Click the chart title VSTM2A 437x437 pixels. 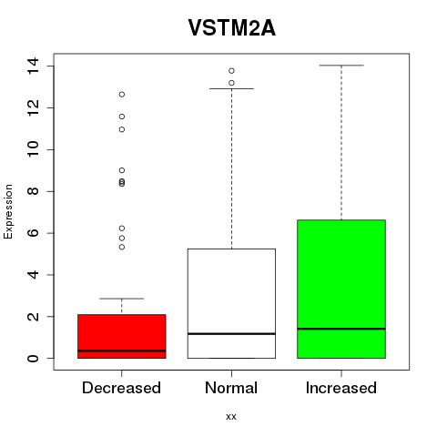pyautogui.click(x=232, y=28)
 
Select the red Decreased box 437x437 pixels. pyautogui.click(x=122, y=336)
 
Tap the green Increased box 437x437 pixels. pyautogui.click(x=341, y=289)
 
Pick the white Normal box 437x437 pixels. pyautogui.click(x=231, y=303)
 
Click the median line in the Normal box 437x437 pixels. pyautogui.click(x=231, y=334)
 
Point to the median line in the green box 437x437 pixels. pyautogui.click(x=341, y=329)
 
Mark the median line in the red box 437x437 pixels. pyautogui.click(x=122, y=351)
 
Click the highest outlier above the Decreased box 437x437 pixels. pyautogui.click(x=122, y=95)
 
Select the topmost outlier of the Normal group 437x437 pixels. pyautogui.click(x=231, y=71)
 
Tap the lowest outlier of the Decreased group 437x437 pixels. pyautogui.click(x=122, y=247)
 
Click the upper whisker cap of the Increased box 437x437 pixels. pyautogui.click(x=341, y=66)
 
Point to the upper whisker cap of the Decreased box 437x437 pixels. pyautogui.click(x=122, y=299)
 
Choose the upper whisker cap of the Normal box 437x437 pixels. pyautogui.click(x=231, y=88)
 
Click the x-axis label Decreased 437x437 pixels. pyautogui.click(x=121, y=388)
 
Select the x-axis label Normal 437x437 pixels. pyautogui.click(x=231, y=388)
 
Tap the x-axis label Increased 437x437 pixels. pyautogui.click(x=341, y=388)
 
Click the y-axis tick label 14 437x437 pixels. pyautogui.click(x=33, y=66)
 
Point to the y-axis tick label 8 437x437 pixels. pyautogui.click(x=33, y=191)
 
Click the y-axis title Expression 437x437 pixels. pyautogui.click(x=8, y=211)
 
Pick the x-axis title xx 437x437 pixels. pyautogui.click(x=231, y=417)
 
